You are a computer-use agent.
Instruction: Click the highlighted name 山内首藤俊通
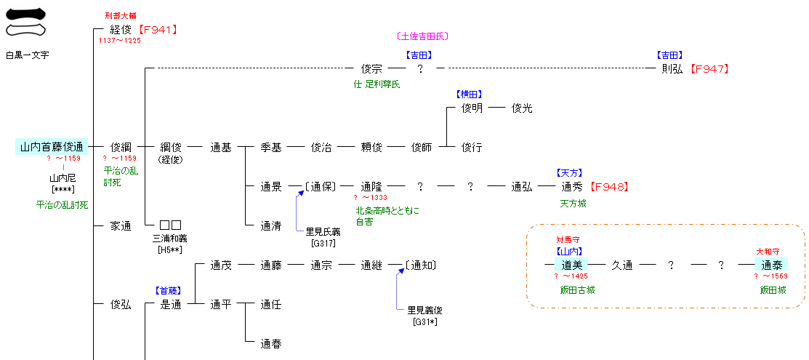pos(52,147)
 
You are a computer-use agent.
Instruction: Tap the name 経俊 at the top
pos(121,30)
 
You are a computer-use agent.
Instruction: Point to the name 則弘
pos(672,69)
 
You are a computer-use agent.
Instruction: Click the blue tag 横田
pos(470,95)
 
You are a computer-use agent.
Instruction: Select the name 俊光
pos(522,108)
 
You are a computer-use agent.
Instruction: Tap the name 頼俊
pos(371,147)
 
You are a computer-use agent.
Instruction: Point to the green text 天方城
pos(573,204)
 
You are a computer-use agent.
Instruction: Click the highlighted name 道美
pos(572,265)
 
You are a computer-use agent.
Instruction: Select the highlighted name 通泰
pos(771,265)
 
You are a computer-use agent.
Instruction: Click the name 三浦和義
pos(170,238)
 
